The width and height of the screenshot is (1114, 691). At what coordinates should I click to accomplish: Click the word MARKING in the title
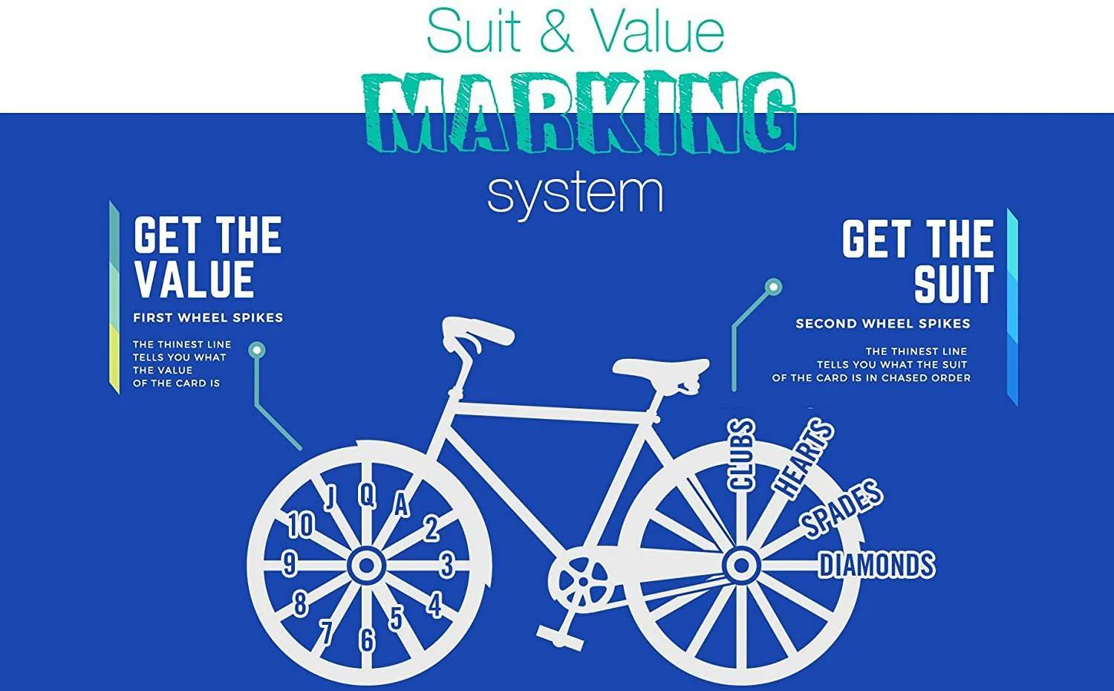[580, 113]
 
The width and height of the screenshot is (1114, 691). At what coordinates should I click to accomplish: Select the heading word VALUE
[195, 279]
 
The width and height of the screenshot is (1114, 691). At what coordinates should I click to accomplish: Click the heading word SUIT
[954, 284]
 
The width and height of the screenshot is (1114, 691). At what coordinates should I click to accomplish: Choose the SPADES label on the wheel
[841, 508]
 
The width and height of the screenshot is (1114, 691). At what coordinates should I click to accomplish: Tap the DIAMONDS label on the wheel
[877, 565]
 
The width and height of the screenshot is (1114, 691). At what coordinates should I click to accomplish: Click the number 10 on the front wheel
[301, 525]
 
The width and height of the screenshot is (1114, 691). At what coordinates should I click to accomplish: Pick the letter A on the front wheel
[401, 504]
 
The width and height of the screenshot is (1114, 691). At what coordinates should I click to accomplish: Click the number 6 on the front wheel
[367, 640]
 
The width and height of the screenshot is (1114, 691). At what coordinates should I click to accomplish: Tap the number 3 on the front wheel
[447, 565]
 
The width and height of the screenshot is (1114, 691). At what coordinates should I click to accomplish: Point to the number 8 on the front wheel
[300, 603]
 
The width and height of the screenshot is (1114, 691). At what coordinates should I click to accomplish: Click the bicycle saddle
[661, 369]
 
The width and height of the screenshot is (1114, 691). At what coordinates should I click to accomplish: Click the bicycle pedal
[559, 638]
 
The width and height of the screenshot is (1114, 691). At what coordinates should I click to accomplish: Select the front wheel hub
[367, 565]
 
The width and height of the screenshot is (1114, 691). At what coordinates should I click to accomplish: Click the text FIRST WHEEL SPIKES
[208, 318]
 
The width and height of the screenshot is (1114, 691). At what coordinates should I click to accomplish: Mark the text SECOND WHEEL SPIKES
[883, 324]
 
